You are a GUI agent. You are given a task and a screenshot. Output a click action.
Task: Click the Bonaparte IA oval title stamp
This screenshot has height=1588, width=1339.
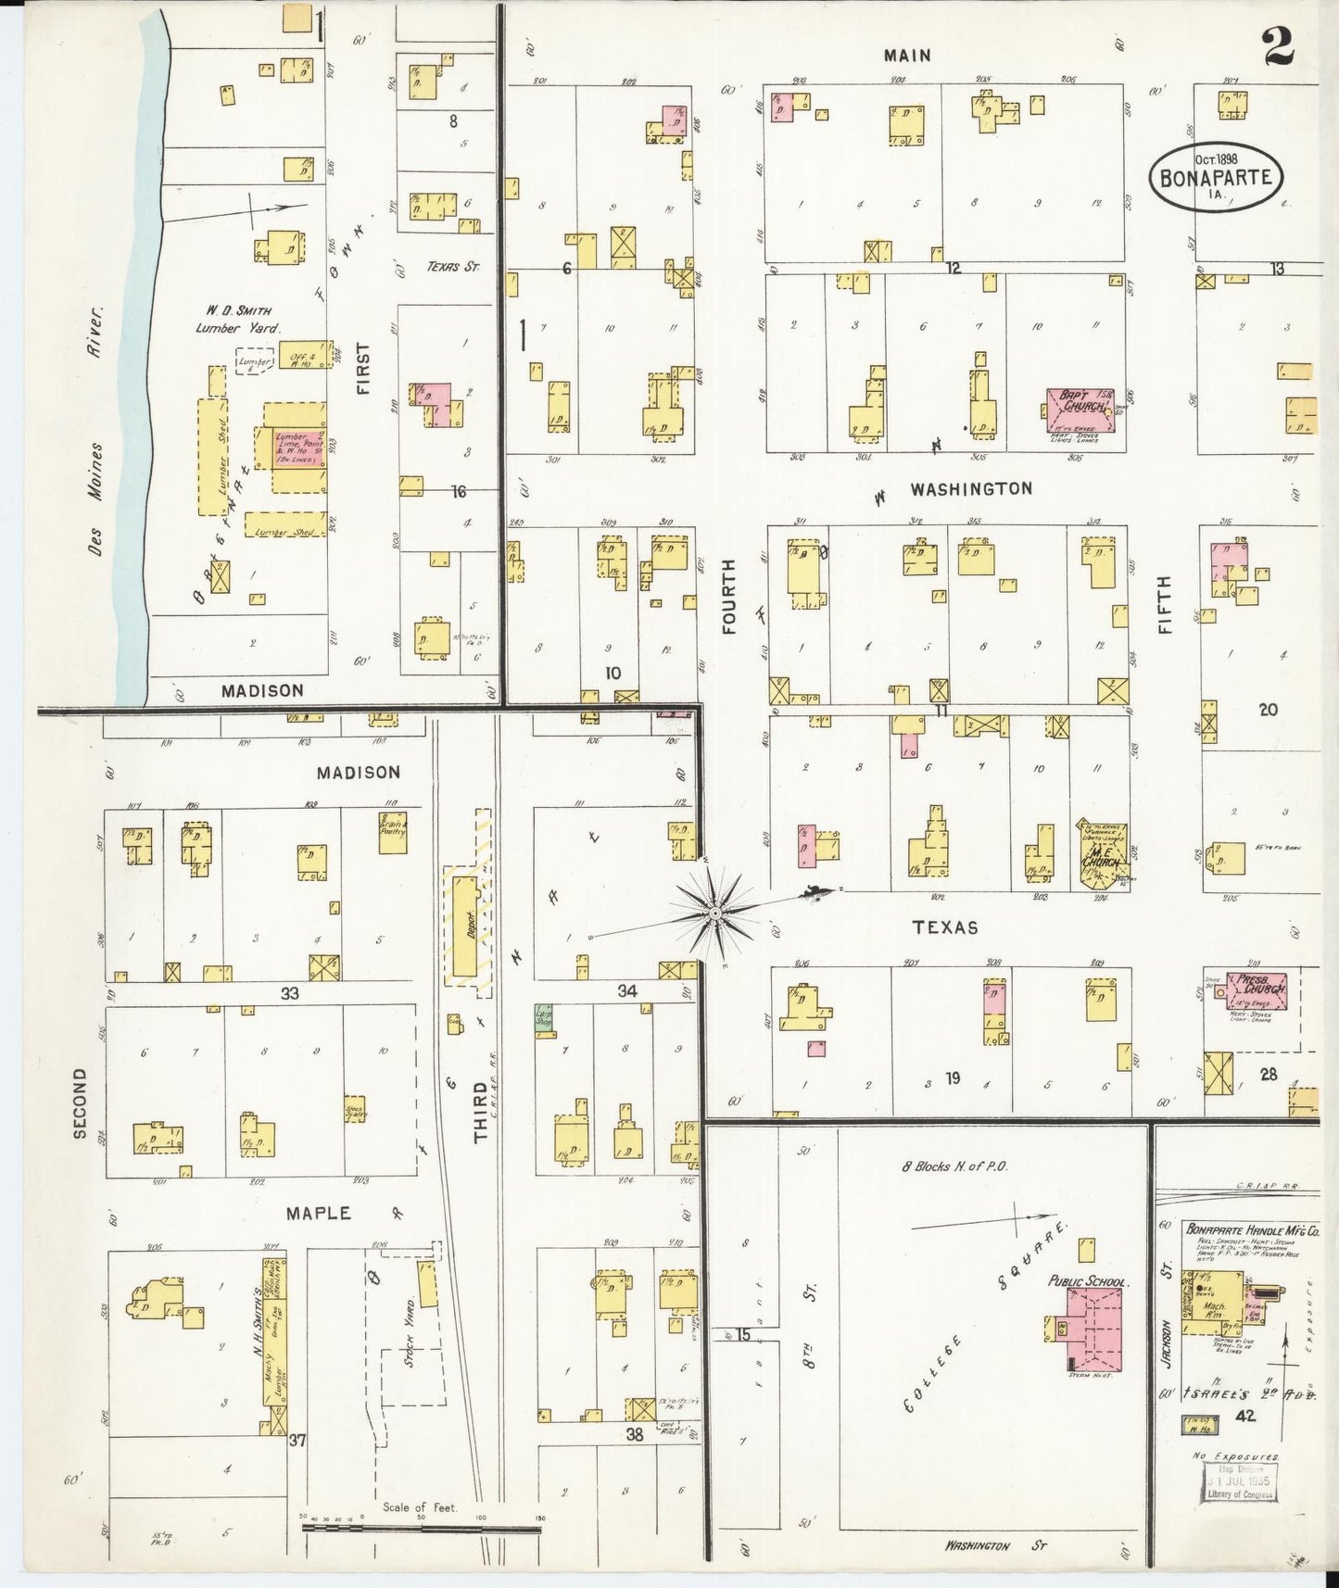[x=1217, y=175]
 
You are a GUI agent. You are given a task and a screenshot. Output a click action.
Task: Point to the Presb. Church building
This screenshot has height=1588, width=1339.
[x=1257, y=990]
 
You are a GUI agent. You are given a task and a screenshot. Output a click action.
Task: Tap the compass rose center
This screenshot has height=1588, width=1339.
[x=715, y=914]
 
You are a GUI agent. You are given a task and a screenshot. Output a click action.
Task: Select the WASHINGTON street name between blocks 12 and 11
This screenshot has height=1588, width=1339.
[x=970, y=488]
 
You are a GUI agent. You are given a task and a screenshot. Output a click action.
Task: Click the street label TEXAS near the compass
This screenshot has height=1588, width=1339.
[x=944, y=927]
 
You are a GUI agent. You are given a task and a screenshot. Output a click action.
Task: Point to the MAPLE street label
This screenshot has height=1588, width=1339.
[x=318, y=1213]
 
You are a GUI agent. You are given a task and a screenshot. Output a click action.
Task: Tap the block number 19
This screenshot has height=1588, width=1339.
[x=952, y=1078]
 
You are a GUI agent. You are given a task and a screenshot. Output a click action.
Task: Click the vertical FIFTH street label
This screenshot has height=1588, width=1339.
[x=1164, y=604]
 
